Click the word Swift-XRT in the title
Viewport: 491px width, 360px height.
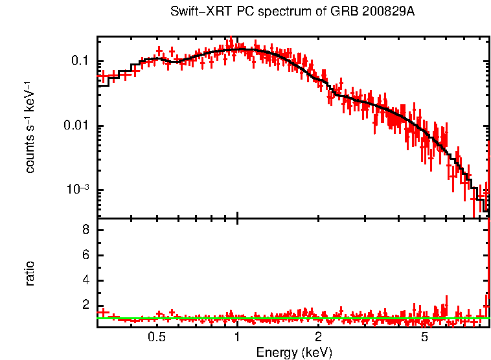tap(194, 12)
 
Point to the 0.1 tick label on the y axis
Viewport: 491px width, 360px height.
tap(79, 62)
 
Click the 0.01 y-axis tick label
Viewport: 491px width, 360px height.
tap(76, 126)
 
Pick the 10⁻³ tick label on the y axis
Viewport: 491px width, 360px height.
tap(78, 189)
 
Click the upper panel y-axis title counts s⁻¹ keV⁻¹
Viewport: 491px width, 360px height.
tap(30, 126)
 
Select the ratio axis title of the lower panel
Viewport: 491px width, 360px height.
tap(30, 273)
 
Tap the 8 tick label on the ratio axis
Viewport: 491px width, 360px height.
tap(85, 231)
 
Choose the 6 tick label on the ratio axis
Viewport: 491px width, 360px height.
tap(85, 256)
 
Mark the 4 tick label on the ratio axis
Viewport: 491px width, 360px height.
tap(85, 281)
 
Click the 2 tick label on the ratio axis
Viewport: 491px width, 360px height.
tap(85, 306)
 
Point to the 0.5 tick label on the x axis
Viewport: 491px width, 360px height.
tap(156, 337)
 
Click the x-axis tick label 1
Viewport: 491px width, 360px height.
tap(238, 337)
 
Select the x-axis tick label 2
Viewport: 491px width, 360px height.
tap(319, 337)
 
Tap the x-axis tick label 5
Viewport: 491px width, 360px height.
tap(425, 337)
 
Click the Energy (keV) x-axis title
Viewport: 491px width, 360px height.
tap(294, 352)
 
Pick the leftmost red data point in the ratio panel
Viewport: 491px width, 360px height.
tap(101, 313)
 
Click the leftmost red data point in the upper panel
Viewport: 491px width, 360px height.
tap(101, 76)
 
